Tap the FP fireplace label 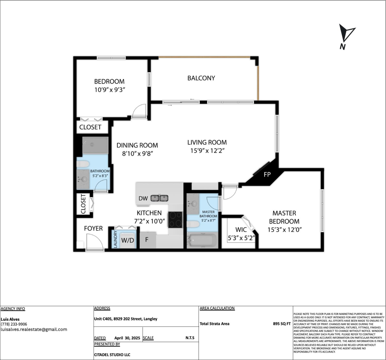pyautogui.click(x=267, y=175)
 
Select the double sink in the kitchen pyautogui.click(x=159, y=198)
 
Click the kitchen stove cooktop pyautogui.click(x=175, y=219)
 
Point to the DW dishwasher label pyautogui.click(x=143, y=198)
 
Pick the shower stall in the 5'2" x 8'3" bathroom pyautogui.click(x=95, y=145)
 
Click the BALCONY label pyautogui.click(x=201, y=78)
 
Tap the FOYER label pyautogui.click(x=93, y=228)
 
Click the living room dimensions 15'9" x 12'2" pyautogui.click(x=207, y=151)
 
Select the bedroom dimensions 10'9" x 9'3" pyautogui.click(x=109, y=90)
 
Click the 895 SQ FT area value pyautogui.click(x=281, y=324)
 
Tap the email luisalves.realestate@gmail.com pyautogui.click(x=34, y=329)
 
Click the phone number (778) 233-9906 pyautogui.click(x=14, y=324)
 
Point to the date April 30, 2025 pyautogui.click(x=127, y=338)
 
